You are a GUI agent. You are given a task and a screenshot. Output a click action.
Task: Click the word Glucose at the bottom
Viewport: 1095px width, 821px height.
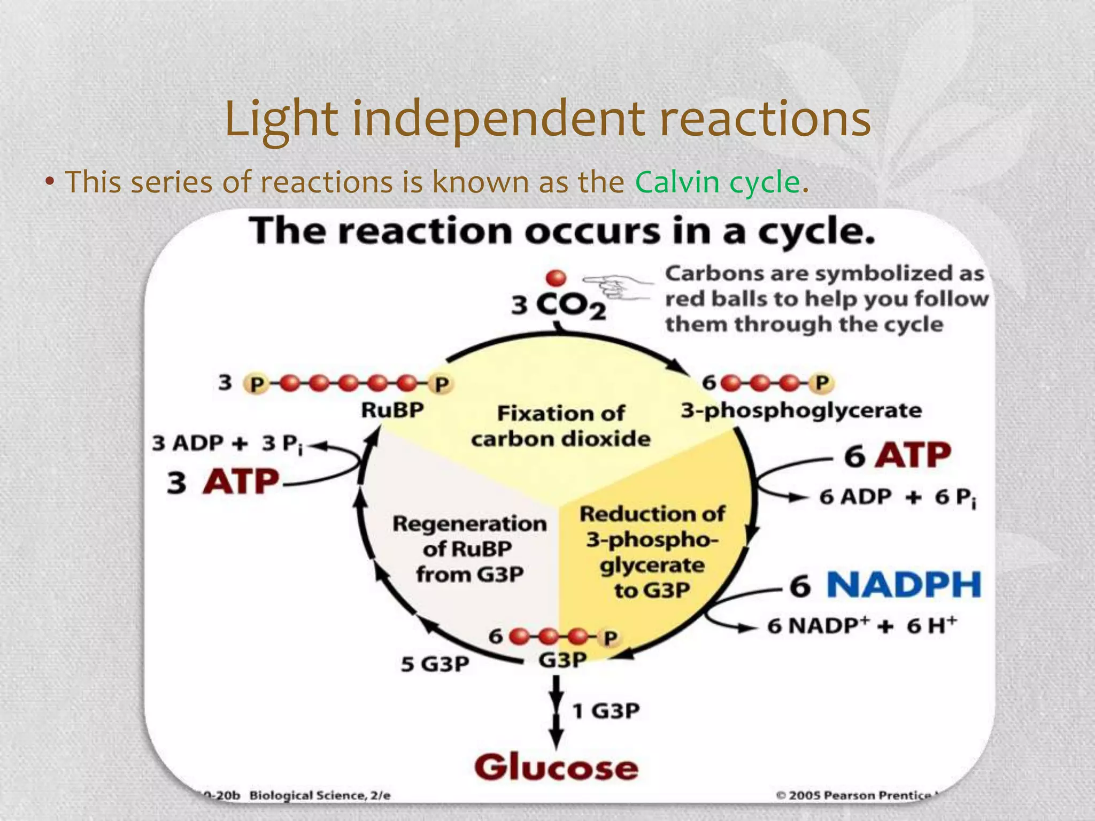click(556, 768)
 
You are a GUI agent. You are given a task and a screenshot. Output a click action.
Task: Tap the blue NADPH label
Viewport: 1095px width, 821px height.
click(904, 585)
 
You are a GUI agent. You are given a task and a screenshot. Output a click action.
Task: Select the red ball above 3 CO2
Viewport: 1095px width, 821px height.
click(556, 278)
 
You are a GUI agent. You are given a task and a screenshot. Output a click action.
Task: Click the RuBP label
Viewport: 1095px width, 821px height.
click(392, 410)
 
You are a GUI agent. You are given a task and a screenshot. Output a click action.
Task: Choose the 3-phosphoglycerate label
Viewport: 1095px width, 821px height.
click(801, 410)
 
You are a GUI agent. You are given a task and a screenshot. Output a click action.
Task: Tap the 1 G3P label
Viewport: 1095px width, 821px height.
click(606, 711)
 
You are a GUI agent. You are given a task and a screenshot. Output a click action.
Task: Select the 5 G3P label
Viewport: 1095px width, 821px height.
click(435, 664)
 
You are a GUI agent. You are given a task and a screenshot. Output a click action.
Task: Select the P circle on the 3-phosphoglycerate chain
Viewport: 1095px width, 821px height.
click(821, 383)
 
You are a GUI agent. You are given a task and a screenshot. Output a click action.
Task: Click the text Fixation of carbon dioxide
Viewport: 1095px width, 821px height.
click(560, 426)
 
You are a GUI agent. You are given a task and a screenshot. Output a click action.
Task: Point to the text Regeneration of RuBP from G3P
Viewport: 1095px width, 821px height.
click(469, 548)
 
